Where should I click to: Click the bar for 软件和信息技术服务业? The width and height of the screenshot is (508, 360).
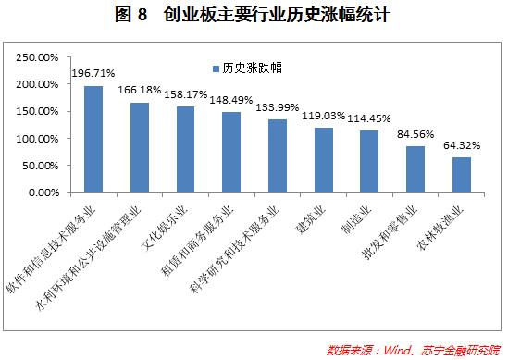pyautogui.click(x=93, y=139)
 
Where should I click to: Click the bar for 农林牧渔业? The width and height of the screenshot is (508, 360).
pyautogui.click(x=462, y=175)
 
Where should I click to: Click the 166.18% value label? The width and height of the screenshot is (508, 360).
pyautogui.click(x=140, y=91)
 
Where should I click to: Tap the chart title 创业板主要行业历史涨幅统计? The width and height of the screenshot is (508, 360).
pyautogui.click(x=254, y=16)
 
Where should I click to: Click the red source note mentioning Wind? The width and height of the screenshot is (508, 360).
pyautogui.click(x=413, y=351)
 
